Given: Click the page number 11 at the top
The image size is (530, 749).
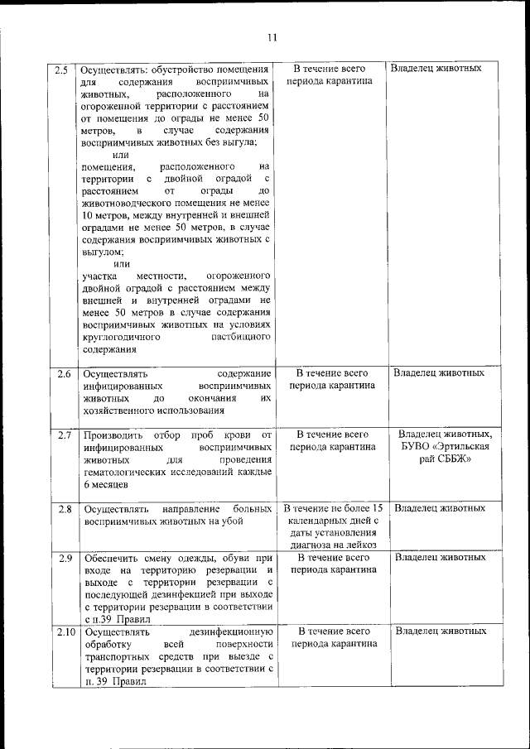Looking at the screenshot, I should pyautogui.click(x=272, y=37).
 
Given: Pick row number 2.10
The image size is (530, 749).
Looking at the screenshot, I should pyautogui.click(x=63, y=631).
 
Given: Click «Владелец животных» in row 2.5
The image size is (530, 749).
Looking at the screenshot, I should pyautogui.click(x=436, y=69).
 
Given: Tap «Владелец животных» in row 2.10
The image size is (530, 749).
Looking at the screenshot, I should pyautogui.click(x=440, y=631).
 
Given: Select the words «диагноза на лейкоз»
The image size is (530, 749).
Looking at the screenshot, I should pyautogui.click(x=332, y=545).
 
